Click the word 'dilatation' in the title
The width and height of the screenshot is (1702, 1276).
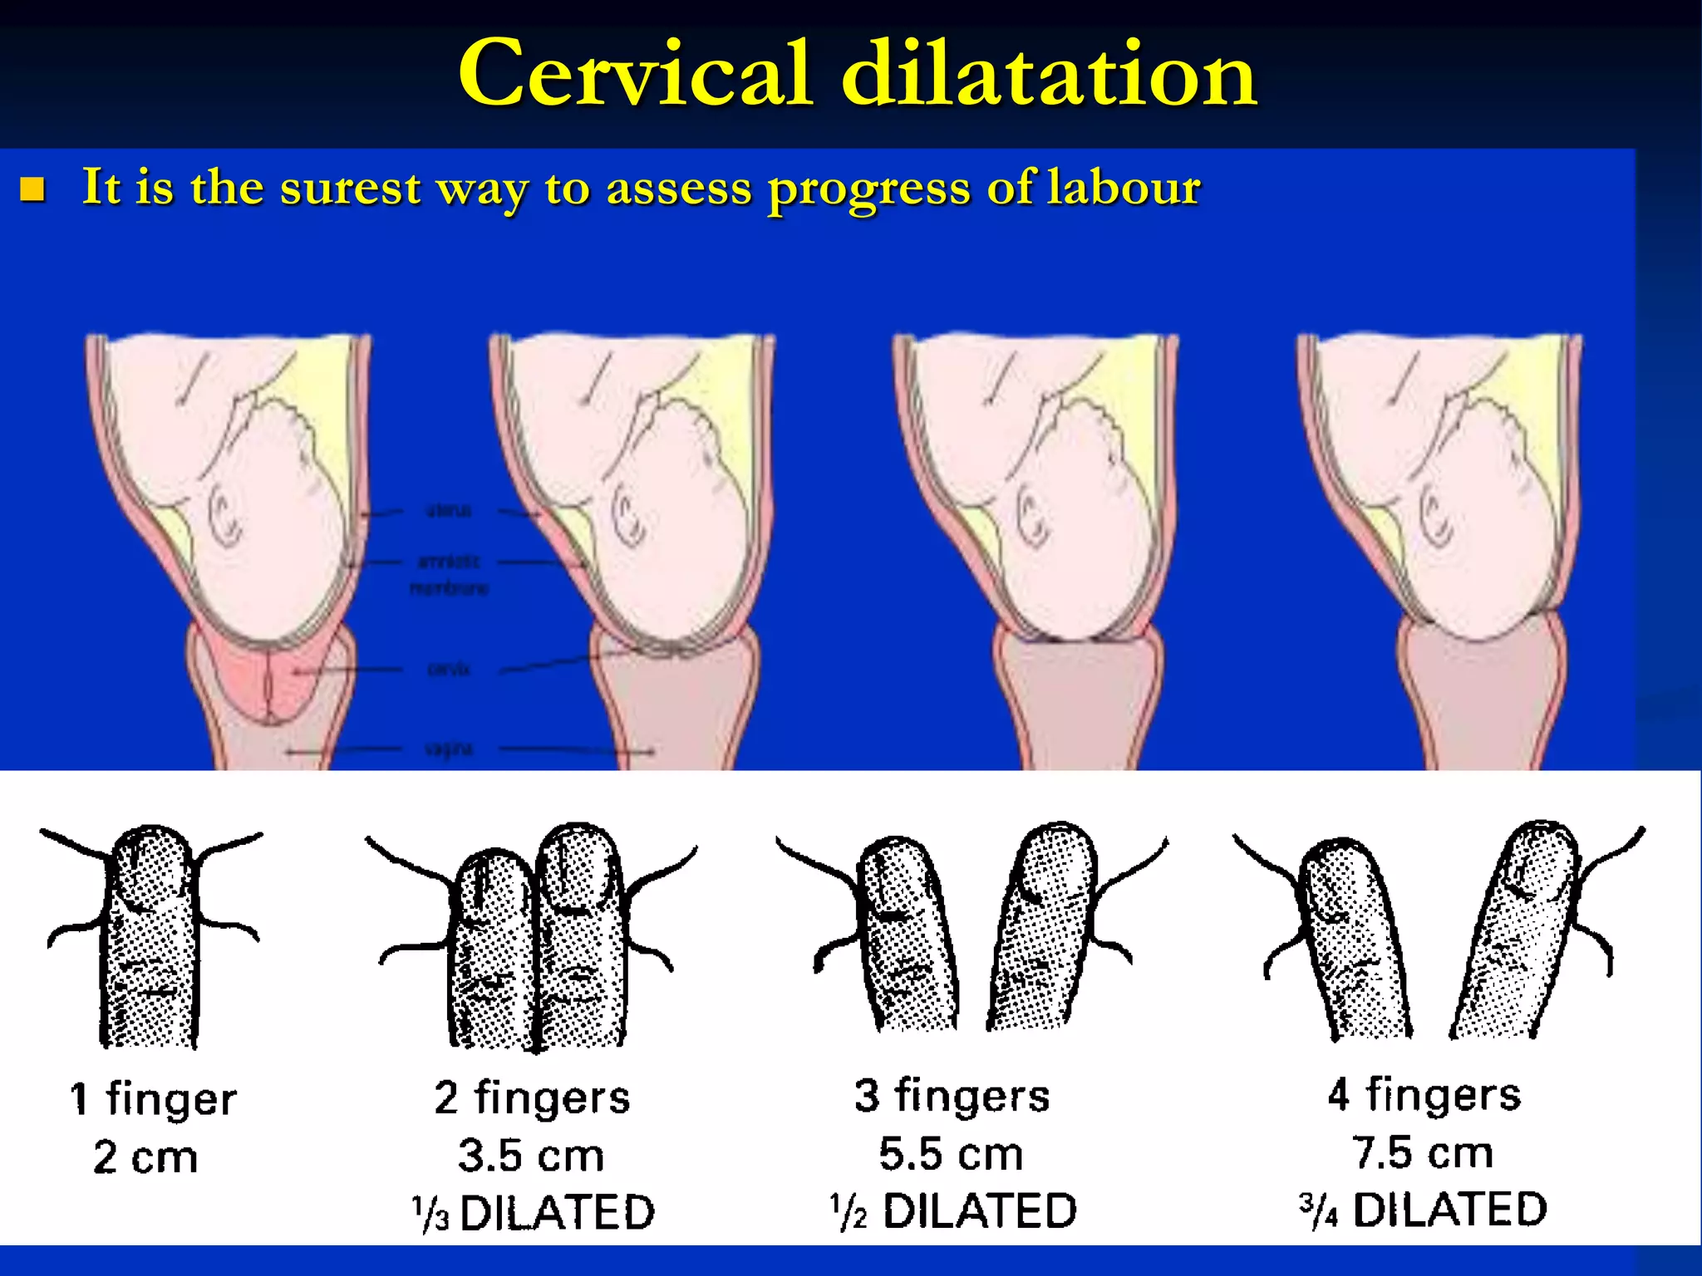pos(1049,75)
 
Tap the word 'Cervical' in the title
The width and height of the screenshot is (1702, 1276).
pos(635,75)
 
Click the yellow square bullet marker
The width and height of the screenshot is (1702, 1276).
pos(32,189)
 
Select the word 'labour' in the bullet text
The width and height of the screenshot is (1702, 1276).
pos(1124,187)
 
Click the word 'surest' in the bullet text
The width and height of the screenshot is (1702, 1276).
pos(350,187)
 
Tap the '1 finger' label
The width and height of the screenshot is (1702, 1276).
pos(154,1098)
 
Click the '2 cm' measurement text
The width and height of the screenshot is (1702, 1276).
pos(146,1157)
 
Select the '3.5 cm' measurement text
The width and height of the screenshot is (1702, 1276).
pos(531,1156)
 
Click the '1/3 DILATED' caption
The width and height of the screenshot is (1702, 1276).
pos(534,1212)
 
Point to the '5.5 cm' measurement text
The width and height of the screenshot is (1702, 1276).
pos(951,1154)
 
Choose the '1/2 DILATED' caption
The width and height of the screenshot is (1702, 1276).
pos(953,1210)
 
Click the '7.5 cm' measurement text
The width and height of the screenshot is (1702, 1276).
pos(1423,1152)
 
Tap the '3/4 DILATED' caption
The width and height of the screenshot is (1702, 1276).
pos(1423,1209)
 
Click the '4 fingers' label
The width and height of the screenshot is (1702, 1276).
pos(1424,1094)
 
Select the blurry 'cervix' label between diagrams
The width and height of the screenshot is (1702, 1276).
pos(449,669)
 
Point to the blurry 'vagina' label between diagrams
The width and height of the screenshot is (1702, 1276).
pos(449,749)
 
